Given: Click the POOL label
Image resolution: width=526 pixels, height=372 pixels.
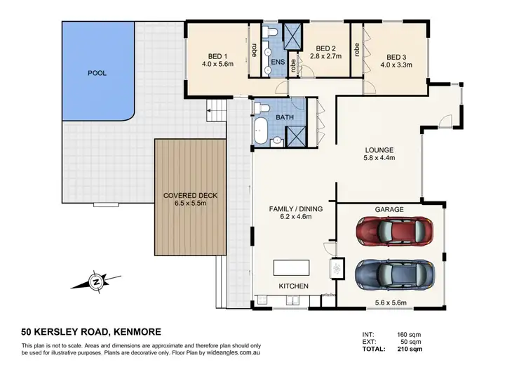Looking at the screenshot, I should [96, 72].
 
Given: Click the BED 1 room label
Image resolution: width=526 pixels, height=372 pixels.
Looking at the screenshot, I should [216, 56].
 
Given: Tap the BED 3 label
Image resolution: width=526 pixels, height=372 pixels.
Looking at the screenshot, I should [396, 56].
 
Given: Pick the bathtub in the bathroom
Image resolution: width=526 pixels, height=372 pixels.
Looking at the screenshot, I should [262, 133].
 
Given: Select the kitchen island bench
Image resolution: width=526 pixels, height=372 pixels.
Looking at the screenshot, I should [291, 267].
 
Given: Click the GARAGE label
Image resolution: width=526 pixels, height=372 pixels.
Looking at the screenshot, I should [390, 208].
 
